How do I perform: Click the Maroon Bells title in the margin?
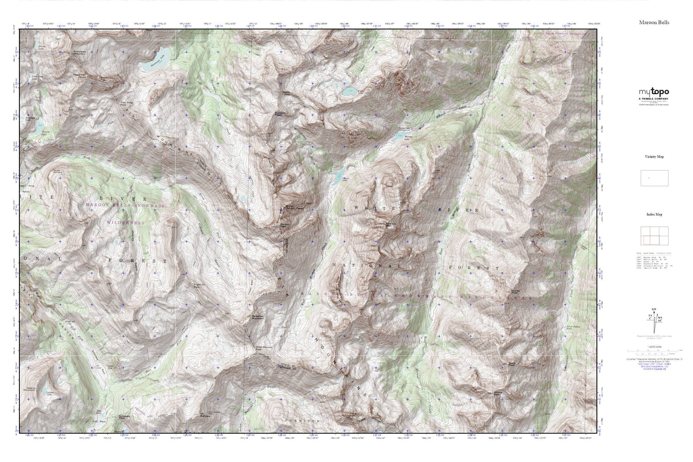(x=654, y=22)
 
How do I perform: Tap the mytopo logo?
(x=654, y=92)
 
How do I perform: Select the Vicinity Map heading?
(x=654, y=157)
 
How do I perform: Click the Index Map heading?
(x=654, y=214)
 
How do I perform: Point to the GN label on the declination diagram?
(x=654, y=309)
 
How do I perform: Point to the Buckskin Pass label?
(x=281, y=114)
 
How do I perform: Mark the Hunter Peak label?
(x=517, y=292)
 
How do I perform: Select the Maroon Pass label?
(x=285, y=226)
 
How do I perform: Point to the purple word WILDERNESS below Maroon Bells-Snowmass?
(x=125, y=223)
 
